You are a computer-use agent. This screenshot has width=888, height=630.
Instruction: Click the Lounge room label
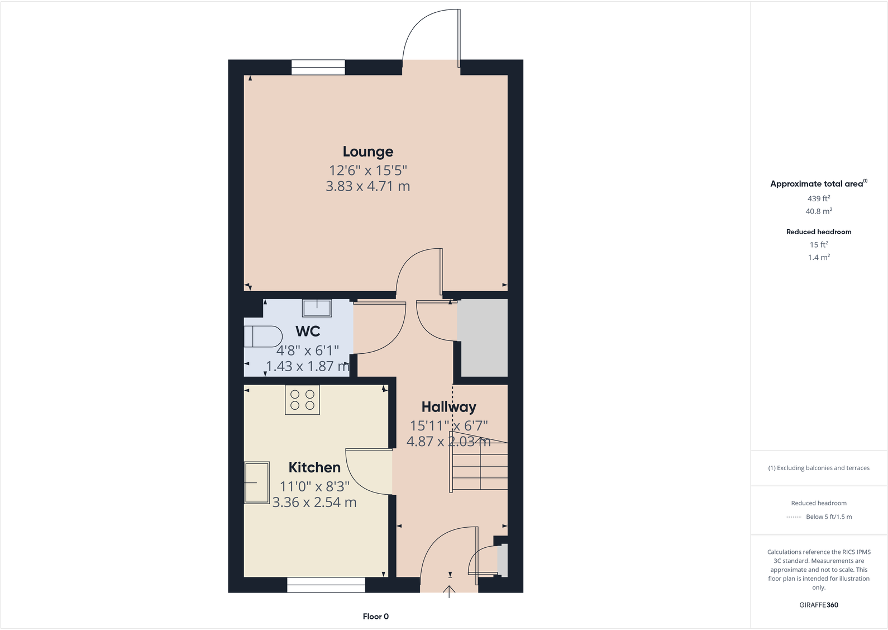(x=368, y=151)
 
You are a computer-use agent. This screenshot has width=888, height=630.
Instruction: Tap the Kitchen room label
(x=314, y=467)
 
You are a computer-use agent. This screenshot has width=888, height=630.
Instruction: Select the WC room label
(x=308, y=331)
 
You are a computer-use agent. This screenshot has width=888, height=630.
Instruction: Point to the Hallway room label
(x=448, y=407)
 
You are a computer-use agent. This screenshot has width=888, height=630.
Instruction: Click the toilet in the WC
(x=262, y=337)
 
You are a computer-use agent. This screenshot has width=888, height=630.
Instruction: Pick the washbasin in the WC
(x=317, y=308)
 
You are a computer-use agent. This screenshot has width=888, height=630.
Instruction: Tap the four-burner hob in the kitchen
(x=302, y=400)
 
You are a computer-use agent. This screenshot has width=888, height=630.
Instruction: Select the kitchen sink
(x=257, y=482)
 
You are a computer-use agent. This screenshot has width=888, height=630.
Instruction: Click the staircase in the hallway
(x=479, y=463)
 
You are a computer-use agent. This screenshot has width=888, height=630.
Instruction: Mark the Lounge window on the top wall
(x=318, y=67)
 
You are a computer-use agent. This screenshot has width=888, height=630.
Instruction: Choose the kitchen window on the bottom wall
(x=326, y=585)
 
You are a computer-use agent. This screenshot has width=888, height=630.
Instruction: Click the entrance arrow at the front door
(x=450, y=591)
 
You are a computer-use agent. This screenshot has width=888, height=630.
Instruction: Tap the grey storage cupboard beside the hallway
(x=483, y=338)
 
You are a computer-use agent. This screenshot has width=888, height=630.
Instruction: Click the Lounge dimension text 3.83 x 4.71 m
(x=368, y=186)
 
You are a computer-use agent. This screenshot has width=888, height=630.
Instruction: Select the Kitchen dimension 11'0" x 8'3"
(x=314, y=486)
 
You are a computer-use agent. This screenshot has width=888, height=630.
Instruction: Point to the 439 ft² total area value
(x=819, y=198)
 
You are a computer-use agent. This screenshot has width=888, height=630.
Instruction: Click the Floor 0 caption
(x=376, y=617)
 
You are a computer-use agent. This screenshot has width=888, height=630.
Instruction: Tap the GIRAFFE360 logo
(x=819, y=605)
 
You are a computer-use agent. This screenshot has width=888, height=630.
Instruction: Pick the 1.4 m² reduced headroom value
(x=819, y=258)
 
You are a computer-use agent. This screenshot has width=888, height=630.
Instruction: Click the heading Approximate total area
(x=817, y=184)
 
